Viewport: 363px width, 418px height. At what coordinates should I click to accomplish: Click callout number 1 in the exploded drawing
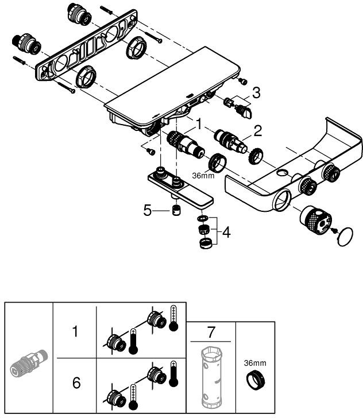click(x=199, y=123)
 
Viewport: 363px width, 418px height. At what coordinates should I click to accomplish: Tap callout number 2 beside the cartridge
click(x=258, y=131)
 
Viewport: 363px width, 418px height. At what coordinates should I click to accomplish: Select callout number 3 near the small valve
click(x=256, y=92)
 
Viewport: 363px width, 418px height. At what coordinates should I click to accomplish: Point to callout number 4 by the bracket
click(x=227, y=233)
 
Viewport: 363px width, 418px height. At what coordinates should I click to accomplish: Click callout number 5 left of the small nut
click(x=148, y=210)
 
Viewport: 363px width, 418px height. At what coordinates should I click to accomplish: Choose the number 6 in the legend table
click(x=76, y=383)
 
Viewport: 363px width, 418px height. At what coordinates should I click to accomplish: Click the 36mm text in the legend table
click(x=254, y=363)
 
